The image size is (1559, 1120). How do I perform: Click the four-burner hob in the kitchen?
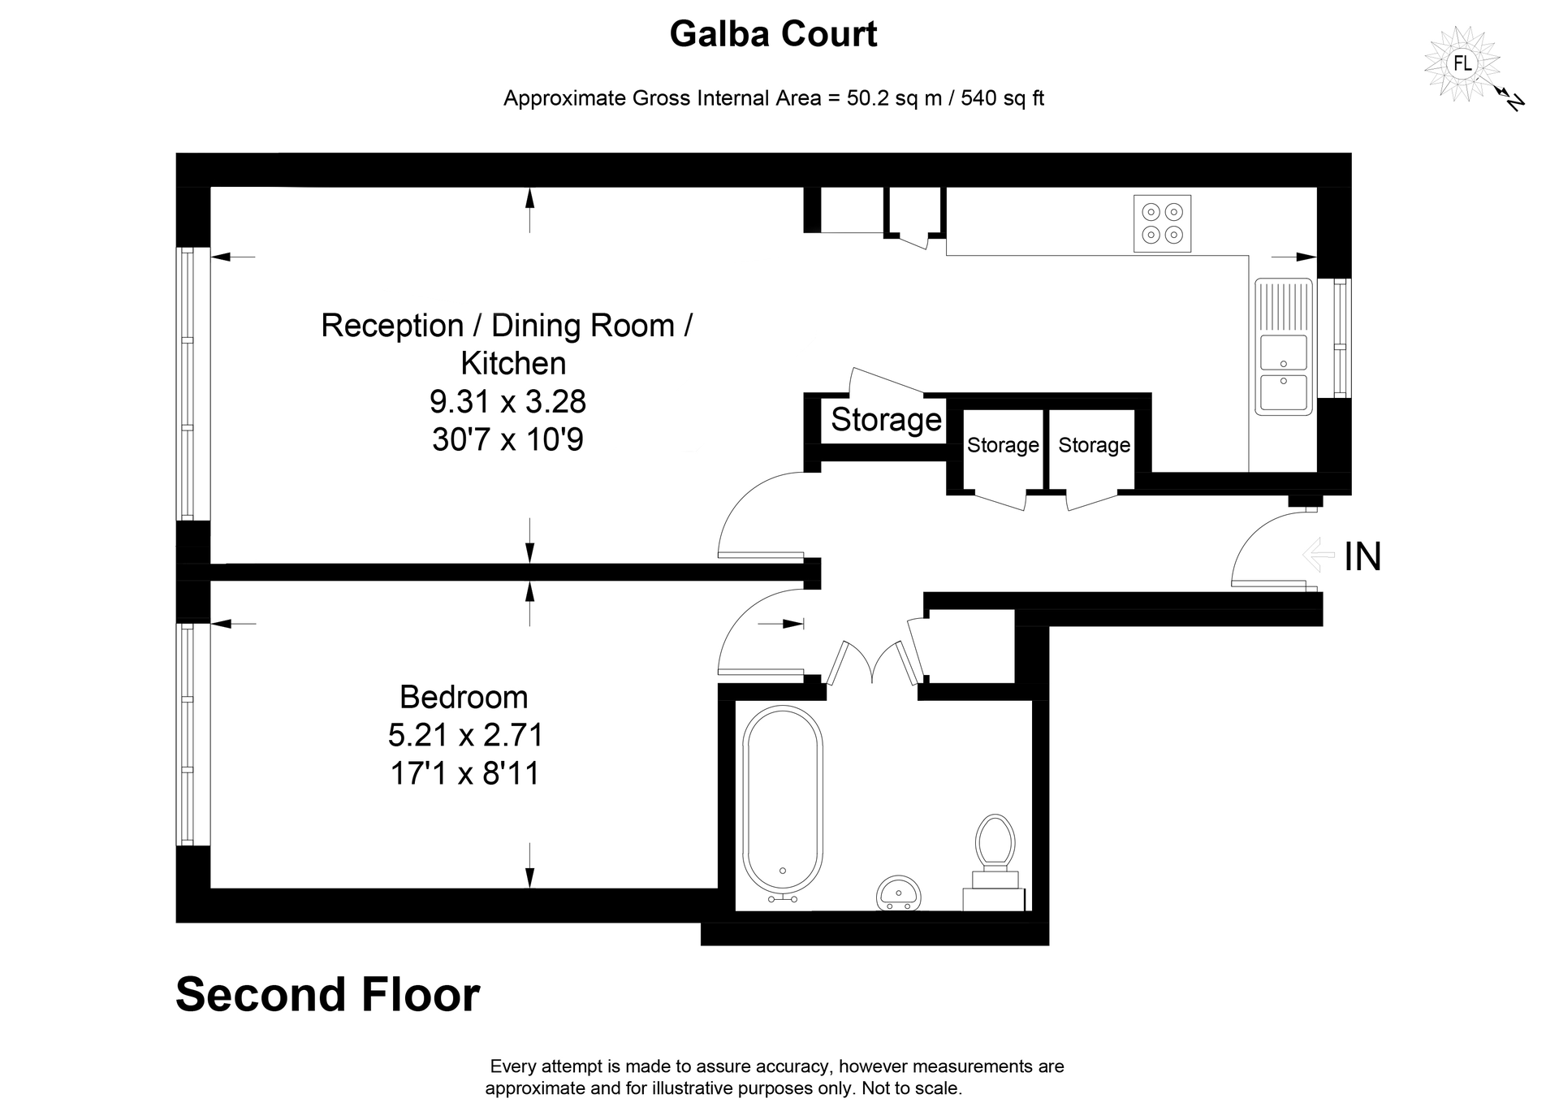1162,223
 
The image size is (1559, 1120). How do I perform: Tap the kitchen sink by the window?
1283,347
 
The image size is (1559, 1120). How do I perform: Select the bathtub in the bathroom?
784,804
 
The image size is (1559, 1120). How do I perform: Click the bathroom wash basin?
899,894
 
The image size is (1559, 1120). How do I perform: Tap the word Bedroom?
464,697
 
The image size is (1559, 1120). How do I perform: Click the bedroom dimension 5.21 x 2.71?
465,735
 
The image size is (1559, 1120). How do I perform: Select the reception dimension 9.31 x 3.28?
507,401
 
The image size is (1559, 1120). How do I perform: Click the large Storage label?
886,420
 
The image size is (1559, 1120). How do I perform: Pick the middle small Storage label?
1003,445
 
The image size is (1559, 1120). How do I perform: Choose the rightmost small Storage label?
1094,445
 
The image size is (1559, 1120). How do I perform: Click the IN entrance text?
1363,557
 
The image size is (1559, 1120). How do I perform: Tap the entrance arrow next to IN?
1319,556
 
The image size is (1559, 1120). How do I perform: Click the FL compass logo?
1462,63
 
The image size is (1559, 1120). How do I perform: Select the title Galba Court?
773,34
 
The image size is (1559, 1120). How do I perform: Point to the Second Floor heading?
328,995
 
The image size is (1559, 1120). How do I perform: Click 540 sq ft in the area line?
1002,98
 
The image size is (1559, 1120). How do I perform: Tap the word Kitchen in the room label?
513,363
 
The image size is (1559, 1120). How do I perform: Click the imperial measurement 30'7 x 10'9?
507,439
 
